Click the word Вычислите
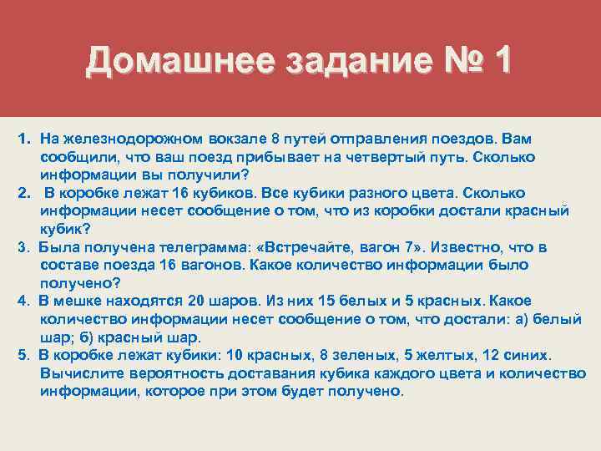[x=81, y=372]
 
